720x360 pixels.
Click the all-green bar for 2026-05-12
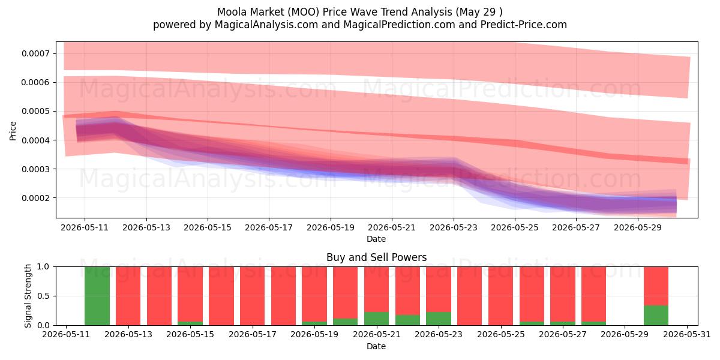click(x=97, y=296)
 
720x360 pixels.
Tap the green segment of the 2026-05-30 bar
click(x=656, y=316)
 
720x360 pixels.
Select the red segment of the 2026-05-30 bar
click(x=656, y=286)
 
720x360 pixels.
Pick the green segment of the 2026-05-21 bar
click(x=376, y=319)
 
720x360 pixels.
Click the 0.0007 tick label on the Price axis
click(x=35, y=53)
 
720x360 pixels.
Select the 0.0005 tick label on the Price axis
click(x=35, y=111)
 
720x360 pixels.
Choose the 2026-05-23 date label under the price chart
click(x=454, y=227)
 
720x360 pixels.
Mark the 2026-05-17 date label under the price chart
click(x=269, y=227)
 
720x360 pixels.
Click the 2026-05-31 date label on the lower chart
click(x=687, y=335)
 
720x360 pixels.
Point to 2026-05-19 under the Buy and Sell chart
click(x=314, y=335)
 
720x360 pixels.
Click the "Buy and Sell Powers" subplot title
click(x=376, y=257)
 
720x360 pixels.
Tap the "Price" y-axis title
click(x=13, y=131)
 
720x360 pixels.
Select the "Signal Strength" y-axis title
click(x=28, y=296)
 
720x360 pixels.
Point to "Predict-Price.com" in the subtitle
click(x=524, y=25)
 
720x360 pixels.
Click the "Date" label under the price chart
click(x=376, y=239)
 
